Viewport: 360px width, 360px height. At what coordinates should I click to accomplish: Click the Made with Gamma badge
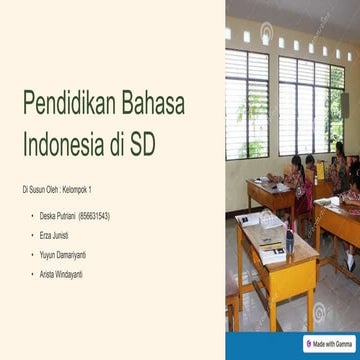click(x=330, y=343)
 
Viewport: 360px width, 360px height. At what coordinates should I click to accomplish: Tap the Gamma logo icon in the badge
click(x=309, y=343)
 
